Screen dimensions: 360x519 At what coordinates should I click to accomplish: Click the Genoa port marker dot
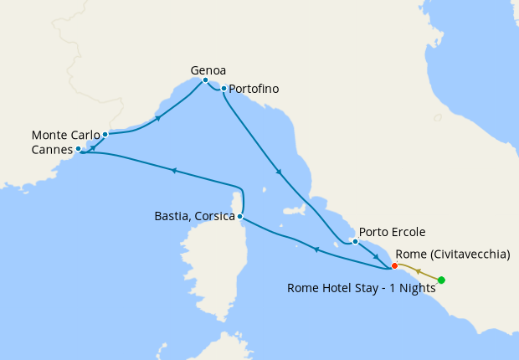pos(205,80)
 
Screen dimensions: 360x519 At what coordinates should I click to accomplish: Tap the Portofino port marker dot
pos(224,88)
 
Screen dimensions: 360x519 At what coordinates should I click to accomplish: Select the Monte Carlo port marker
pos(105,134)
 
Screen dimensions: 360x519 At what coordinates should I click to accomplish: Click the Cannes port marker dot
pos(78,149)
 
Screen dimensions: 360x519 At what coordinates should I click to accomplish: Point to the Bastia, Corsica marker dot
pos(240,217)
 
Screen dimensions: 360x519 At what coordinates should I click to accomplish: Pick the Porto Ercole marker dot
pos(355,242)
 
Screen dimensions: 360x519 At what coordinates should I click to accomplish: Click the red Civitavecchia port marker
pos(394,265)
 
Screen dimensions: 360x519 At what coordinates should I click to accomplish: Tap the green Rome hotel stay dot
pos(441,280)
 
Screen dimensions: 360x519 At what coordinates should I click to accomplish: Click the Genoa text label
pos(208,70)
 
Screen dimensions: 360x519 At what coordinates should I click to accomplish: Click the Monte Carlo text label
pos(65,134)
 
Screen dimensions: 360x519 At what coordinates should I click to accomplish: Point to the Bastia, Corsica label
pos(194,217)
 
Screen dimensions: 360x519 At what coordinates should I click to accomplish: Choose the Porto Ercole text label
pos(392,232)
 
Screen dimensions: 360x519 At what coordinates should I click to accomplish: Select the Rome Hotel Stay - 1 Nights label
pos(362,287)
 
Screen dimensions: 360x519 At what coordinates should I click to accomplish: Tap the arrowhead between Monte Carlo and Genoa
pos(159,119)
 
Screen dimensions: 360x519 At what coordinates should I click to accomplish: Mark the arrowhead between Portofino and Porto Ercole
pos(279,172)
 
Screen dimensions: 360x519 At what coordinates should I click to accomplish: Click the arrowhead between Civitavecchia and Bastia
pos(316,249)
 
